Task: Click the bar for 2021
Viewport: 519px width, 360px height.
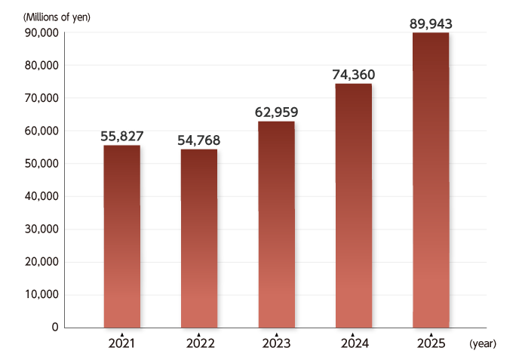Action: pos(121,236)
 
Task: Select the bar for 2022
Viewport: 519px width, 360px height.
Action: pos(198,238)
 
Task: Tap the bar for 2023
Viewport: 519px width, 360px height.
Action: pos(276,224)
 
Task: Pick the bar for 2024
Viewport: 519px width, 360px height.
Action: pos(353,205)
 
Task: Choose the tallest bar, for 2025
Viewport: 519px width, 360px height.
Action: pos(431,180)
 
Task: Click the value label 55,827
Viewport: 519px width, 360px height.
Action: pos(121,137)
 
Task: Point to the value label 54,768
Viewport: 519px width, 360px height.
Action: pos(198,140)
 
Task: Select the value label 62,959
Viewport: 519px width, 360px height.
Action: pos(276,112)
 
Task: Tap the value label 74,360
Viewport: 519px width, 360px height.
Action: pos(353,75)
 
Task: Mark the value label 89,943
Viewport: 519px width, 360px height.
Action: pos(431,24)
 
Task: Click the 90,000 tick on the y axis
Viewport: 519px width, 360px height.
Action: pos(41,32)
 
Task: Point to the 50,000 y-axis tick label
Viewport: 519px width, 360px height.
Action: pos(41,164)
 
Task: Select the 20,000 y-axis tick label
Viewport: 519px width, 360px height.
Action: pos(41,262)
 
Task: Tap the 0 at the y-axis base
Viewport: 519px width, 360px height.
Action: pos(55,328)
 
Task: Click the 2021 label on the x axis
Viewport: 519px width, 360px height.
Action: pos(121,344)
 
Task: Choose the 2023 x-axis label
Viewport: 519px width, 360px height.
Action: pos(276,344)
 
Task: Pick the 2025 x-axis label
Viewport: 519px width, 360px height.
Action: pos(431,344)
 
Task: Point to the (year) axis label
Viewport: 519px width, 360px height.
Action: pos(483,344)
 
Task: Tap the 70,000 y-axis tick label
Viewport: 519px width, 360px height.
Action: pos(41,98)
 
